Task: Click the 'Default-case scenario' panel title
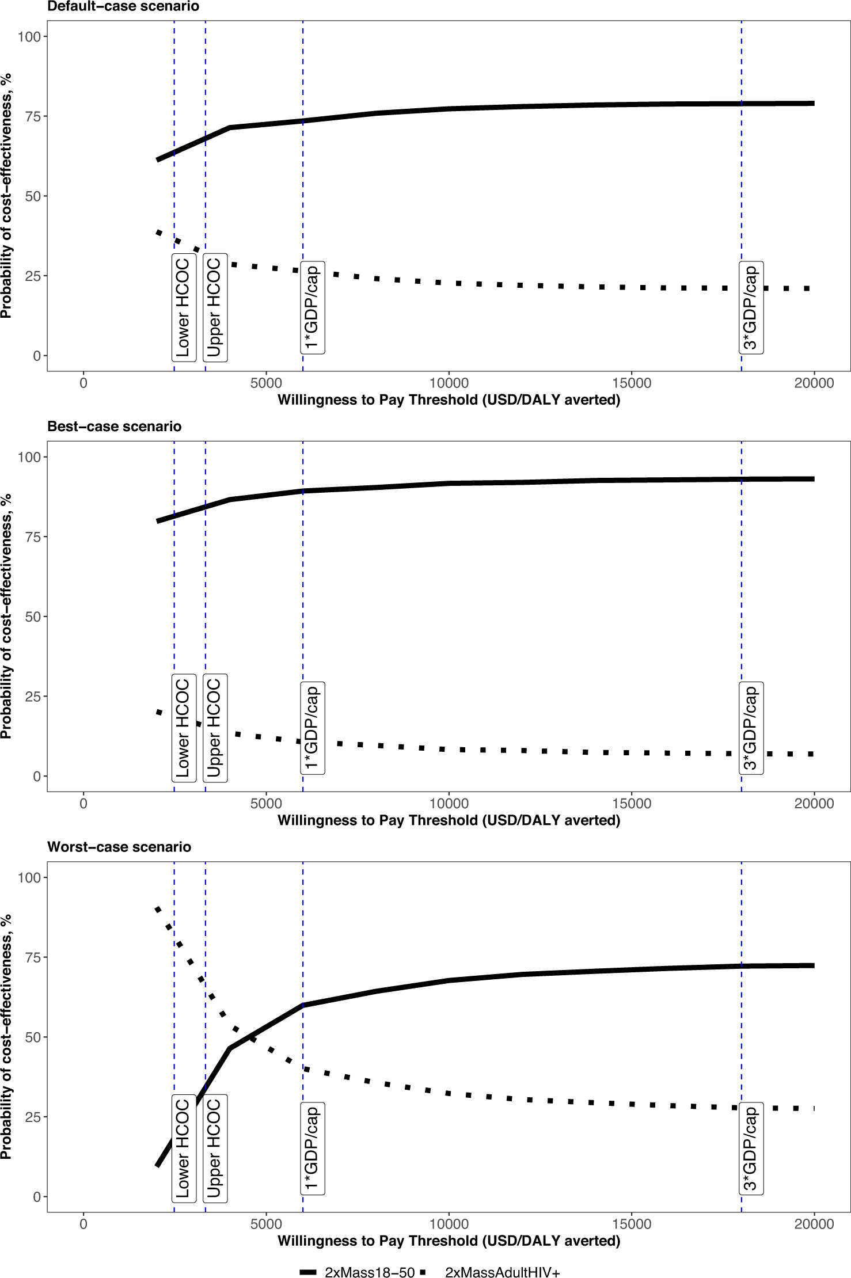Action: click(123, 7)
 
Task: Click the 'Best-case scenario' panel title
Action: click(115, 427)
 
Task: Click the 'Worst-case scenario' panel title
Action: click(119, 847)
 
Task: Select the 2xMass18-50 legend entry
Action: click(357, 1272)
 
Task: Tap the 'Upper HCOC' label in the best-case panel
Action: click(215, 728)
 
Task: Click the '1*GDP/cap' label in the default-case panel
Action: click(312, 307)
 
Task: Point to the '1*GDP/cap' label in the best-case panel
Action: click(312, 728)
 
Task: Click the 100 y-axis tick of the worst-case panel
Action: click(29, 877)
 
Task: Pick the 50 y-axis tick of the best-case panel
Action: click(33, 617)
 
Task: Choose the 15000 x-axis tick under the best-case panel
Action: click(631, 803)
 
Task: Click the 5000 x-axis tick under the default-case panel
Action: click(266, 383)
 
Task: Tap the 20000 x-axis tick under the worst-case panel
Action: click(814, 1223)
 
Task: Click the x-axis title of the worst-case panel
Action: click(449, 1241)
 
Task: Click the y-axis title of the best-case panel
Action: click(6, 617)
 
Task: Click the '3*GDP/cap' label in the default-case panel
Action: click(751, 307)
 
